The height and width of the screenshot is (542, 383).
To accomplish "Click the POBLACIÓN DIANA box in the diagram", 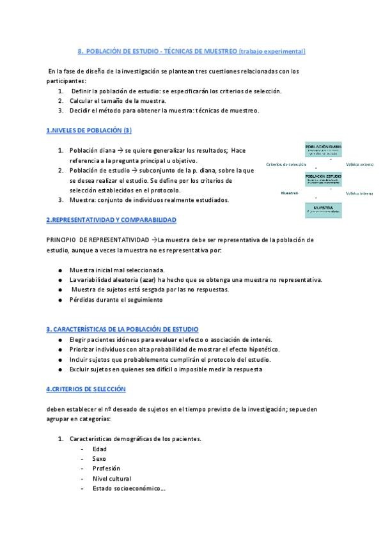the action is [x=328, y=150].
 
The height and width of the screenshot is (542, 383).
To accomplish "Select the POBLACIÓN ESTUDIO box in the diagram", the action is [x=328, y=179].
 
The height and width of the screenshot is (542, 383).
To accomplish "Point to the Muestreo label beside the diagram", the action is [x=290, y=192].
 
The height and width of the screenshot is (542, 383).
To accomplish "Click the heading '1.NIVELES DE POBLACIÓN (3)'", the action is [x=89, y=130].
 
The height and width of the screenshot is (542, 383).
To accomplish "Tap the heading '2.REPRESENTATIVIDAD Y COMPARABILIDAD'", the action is [x=111, y=219].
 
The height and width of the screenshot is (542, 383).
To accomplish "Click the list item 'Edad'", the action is [x=99, y=449].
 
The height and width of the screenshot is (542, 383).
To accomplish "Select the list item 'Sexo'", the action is [x=99, y=458].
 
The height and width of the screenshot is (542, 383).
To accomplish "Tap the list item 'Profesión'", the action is [x=106, y=468].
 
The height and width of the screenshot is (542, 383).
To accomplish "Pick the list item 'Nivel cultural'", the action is [x=112, y=478].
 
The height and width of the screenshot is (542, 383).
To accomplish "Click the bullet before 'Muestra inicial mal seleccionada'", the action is [x=59, y=270].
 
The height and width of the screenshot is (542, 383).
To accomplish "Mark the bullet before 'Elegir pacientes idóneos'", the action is [x=59, y=339].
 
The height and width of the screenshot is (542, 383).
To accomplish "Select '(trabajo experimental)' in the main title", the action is [x=272, y=50].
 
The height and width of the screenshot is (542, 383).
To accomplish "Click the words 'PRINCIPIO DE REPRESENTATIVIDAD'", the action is [x=97, y=239].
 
